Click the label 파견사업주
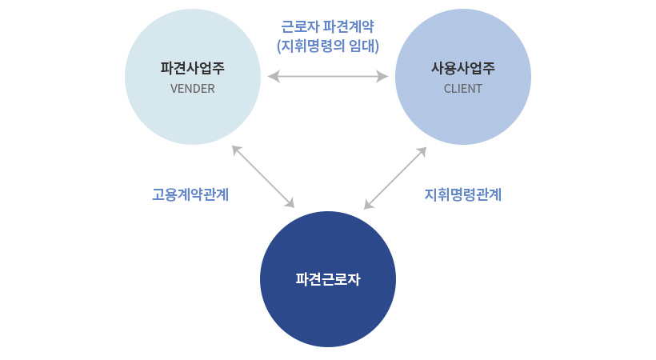coord(193,68)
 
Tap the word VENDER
coord(193,89)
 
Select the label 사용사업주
coord(463,68)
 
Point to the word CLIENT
coord(463,89)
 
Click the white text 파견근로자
coord(328,279)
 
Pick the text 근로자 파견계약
coord(327,26)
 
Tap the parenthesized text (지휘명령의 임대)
coord(328,46)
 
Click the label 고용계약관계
coord(190,194)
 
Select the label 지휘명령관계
coord(463,194)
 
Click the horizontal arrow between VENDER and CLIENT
coord(328,77)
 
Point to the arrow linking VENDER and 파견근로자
coord(263,177)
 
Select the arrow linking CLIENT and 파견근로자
coord(395,178)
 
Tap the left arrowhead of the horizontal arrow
coord(274,77)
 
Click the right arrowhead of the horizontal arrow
coord(382,77)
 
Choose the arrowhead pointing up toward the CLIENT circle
coord(422,152)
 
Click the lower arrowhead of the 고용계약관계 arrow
coord(290,202)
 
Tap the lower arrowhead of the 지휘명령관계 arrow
coord(369,204)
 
